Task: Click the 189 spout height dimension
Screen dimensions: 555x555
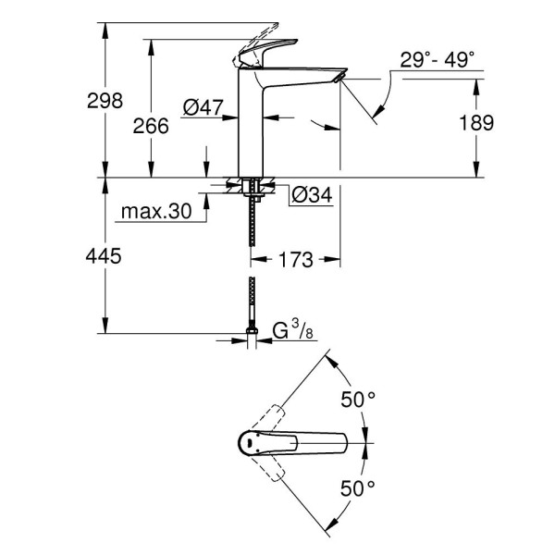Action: tap(475, 122)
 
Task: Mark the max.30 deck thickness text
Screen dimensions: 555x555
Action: tap(155, 212)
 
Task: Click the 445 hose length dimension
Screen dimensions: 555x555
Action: tap(105, 256)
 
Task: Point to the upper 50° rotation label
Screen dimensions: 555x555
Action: tap(359, 400)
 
